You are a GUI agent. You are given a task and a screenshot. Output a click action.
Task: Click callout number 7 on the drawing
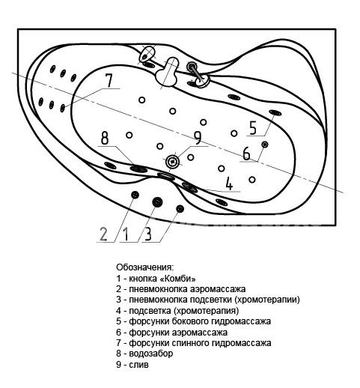[109, 80]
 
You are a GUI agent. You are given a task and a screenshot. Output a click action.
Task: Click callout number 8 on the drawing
[105, 138]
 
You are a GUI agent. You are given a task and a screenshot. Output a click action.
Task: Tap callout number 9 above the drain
[197, 138]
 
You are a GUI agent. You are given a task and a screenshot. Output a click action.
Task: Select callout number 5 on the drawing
[253, 128]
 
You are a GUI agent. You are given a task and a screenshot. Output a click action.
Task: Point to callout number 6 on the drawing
[246, 154]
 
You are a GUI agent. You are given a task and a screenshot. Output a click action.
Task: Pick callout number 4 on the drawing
[229, 184]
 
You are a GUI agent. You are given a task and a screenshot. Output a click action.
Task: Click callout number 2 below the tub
[103, 234]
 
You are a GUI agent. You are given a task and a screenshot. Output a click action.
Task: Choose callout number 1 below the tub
[126, 234]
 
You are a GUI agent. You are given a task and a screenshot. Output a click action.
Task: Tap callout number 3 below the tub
[148, 234]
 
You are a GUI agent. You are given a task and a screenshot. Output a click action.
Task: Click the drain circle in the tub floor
[172, 162]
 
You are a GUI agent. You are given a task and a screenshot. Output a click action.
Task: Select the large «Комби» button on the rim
[157, 201]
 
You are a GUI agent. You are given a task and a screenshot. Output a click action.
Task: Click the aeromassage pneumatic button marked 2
[135, 195]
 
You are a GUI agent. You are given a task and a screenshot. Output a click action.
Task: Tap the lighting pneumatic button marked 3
[180, 209]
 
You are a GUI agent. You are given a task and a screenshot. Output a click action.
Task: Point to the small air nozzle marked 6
[265, 145]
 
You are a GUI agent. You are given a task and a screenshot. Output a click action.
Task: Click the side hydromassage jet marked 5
[275, 113]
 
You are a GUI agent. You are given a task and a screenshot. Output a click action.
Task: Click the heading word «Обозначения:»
[144, 267]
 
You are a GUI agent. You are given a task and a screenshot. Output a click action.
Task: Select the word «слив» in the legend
[138, 365]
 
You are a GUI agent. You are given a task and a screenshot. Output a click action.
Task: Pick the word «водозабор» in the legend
[150, 354]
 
